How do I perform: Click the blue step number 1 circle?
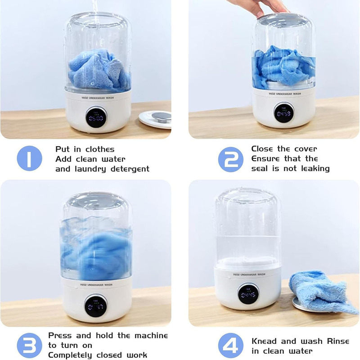click(29, 158)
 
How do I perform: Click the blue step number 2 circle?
click(231, 159)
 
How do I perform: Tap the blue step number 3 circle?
click(29, 345)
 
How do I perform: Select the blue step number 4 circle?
click(231, 345)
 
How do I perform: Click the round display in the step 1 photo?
click(96, 117)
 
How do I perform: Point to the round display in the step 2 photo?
click(284, 112)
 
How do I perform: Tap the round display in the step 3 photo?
click(96, 306)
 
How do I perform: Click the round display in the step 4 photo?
click(248, 294)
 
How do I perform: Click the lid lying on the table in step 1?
click(155, 119)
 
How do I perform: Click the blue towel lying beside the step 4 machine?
click(322, 291)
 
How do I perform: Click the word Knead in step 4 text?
click(264, 341)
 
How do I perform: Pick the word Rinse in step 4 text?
click(338, 341)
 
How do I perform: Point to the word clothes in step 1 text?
click(100, 149)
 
